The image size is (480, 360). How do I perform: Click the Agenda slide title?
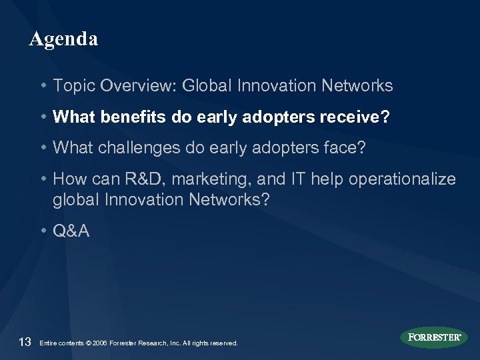pyautogui.click(x=63, y=39)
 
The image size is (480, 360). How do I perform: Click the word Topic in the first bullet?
pyautogui.click(x=71, y=86)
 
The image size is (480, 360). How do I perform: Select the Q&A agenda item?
pyautogui.click(x=70, y=231)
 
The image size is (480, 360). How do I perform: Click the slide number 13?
pyautogui.click(x=25, y=343)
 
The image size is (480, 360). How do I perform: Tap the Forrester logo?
pyautogui.click(x=435, y=337)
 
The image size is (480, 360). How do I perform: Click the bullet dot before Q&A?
pyautogui.click(x=43, y=231)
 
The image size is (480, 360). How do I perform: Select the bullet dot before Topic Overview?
pyautogui.click(x=43, y=86)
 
